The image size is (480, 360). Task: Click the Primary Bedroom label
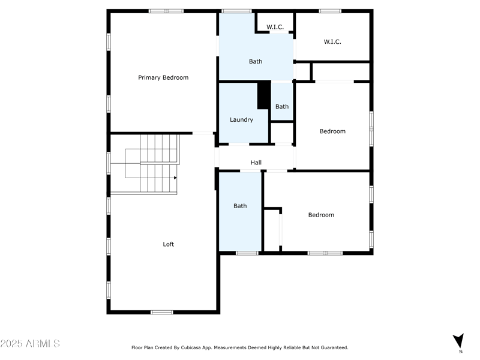pyautogui.click(x=163, y=77)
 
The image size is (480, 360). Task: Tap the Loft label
pyautogui.click(x=169, y=244)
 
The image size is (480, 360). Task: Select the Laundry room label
pyautogui.click(x=241, y=119)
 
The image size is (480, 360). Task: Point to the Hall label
pyautogui.click(x=256, y=163)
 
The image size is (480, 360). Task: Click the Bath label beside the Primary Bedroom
pyautogui.click(x=256, y=61)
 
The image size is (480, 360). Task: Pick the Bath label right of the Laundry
pyautogui.click(x=282, y=107)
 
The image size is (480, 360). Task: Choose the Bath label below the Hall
pyautogui.click(x=240, y=206)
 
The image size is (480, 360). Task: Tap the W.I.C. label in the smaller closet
pyautogui.click(x=275, y=27)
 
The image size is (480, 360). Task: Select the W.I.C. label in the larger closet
pyautogui.click(x=332, y=41)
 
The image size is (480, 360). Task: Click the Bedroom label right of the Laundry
pyautogui.click(x=332, y=131)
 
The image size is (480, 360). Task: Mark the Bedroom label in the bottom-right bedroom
pyautogui.click(x=321, y=215)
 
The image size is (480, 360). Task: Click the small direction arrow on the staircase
pyautogui.click(x=175, y=178)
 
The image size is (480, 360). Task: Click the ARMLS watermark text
pyautogui.click(x=30, y=344)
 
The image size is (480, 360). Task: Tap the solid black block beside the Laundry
pyautogui.click(x=263, y=95)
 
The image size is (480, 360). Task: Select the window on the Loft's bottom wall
pyautogui.click(x=161, y=312)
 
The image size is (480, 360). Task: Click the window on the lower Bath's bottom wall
pyautogui.click(x=247, y=253)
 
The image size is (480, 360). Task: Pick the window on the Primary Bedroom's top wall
pyautogui.click(x=166, y=11)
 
